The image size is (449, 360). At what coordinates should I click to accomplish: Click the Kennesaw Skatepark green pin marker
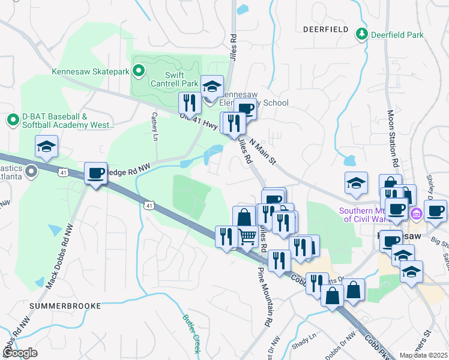(x=139, y=72)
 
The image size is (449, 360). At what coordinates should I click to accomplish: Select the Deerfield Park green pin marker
(x=361, y=34)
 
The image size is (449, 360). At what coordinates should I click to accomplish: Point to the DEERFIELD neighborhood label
(x=326, y=29)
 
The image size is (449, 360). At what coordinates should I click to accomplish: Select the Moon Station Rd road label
(x=393, y=138)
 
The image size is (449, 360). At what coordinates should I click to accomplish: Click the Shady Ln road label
(x=304, y=340)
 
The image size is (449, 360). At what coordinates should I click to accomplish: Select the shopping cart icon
(x=247, y=236)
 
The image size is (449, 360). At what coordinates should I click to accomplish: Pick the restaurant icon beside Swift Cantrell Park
(x=190, y=104)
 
